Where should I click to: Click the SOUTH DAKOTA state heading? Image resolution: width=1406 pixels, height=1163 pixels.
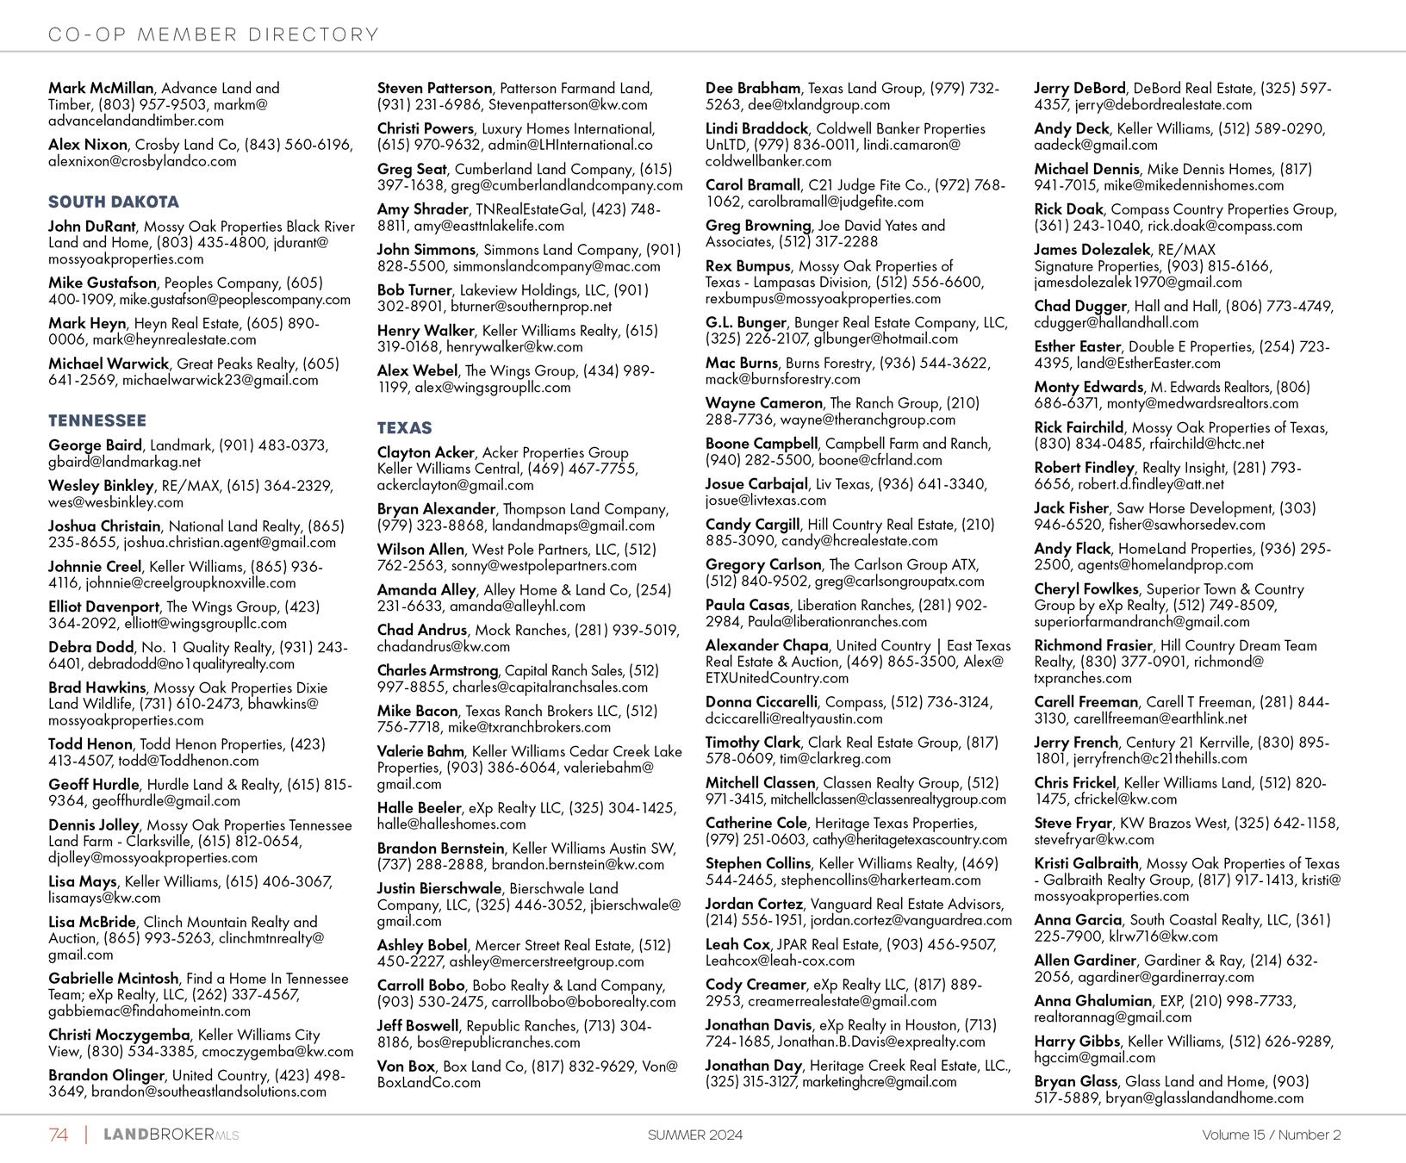[x=114, y=202]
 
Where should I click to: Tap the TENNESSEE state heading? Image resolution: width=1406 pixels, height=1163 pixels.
[x=97, y=421]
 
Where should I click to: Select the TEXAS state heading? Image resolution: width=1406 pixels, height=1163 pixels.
[x=404, y=428]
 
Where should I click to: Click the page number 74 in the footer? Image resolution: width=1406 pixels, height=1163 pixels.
[x=59, y=1135]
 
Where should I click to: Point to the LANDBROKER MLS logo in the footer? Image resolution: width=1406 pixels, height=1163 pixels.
[x=171, y=1135]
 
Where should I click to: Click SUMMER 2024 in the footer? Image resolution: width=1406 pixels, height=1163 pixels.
[x=694, y=1135]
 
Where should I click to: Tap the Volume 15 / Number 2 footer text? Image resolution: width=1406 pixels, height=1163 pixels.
[x=1271, y=1135]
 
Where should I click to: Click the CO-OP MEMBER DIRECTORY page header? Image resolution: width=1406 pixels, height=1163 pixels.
[x=214, y=34]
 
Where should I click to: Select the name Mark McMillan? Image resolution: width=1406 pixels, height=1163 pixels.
[x=101, y=88]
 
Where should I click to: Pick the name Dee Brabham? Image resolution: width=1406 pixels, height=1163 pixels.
[x=753, y=88]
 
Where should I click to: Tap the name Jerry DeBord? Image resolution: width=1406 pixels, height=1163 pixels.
[x=1079, y=88]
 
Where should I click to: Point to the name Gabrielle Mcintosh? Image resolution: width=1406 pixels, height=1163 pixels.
[x=114, y=979]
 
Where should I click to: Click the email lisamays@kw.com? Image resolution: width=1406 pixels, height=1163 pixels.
[x=104, y=898]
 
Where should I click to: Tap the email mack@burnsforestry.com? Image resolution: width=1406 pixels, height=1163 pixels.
[x=782, y=379]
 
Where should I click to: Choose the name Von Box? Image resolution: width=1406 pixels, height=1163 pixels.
[x=406, y=1067]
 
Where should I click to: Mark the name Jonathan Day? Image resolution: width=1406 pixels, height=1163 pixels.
[x=753, y=1066]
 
